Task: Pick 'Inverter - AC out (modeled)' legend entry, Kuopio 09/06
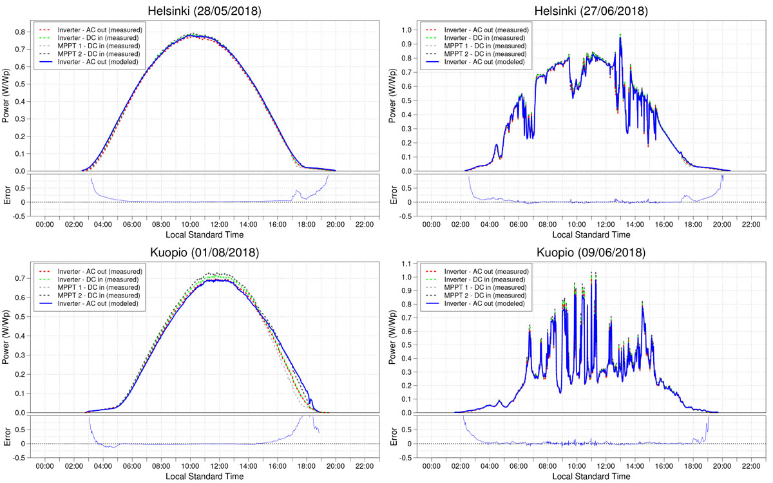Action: pyautogui.click(x=486, y=303)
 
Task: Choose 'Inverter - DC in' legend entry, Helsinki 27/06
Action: pyautogui.click(x=486, y=38)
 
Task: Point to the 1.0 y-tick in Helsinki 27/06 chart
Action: pyautogui.click(x=407, y=30)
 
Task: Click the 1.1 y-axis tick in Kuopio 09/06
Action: pyautogui.click(x=407, y=264)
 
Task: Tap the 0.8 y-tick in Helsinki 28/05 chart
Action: pyautogui.click(x=21, y=32)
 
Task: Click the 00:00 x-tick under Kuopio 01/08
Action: pyautogui.click(x=44, y=465)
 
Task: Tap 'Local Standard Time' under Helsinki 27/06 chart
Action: pyautogui.click(x=591, y=234)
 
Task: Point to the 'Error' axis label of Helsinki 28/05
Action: pyautogui.click(x=8, y=194)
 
